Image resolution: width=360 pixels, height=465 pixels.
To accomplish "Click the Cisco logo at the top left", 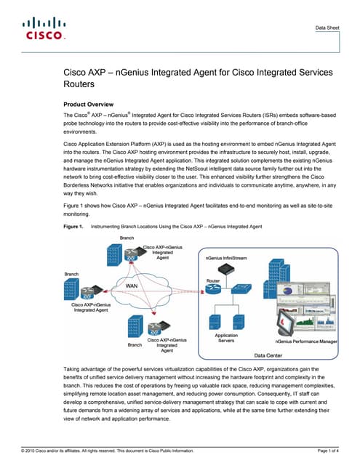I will point(44,30).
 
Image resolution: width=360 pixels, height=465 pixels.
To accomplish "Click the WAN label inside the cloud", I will point(132,286).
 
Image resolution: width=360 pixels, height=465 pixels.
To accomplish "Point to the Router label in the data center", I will point(212,280).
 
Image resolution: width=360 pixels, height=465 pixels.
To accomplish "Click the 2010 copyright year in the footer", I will point(33,451).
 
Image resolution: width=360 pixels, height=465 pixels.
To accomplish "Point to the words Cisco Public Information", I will point(169,451).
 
